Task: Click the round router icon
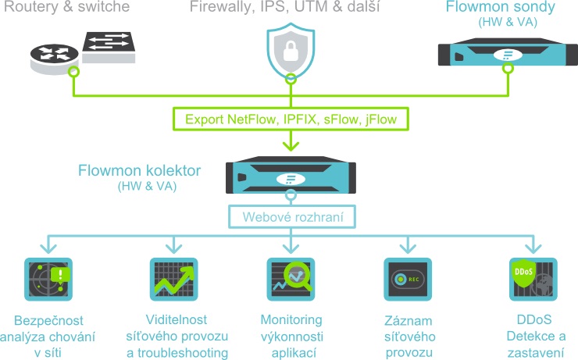coord(54,59)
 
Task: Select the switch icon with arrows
coord(109,48)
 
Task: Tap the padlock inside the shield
coord(291,51)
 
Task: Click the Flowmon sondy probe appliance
coord(508,52)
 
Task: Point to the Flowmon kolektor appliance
coord(291,175)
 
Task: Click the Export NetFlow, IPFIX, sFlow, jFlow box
coord(291,119)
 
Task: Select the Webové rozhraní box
coord(292,216)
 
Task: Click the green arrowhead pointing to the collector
coord(291,146)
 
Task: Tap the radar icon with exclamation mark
coord(48,279)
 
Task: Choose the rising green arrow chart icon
coord(173,279)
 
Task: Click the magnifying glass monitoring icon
coord(291,279)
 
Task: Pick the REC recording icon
coord(408,279)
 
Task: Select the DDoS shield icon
coord(533,279)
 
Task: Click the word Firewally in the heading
coord(222,6)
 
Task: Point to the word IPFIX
coord(300,119)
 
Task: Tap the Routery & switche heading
coord(66,6)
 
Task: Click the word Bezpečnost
coord(48,321)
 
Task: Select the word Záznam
coord(409,321)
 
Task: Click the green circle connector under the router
coord(73,72)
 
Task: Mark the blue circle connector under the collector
coord(291,195)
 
